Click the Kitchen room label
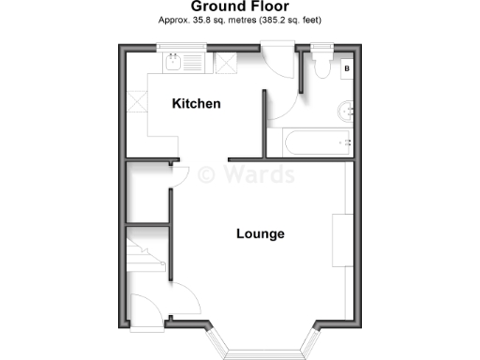pyautogui.click(x=196, y=103)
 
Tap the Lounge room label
pyautogui.click(x=260, y=233)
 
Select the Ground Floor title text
pyautogui.click(x=240, y=7)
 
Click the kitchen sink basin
pyautogui.click(x=173, y=64)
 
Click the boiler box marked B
pyautogui.click(x=347, y=67)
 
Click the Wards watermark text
pyautogui.click(x=247, y=174)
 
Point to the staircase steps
pyautogui.click(x=148, y=254)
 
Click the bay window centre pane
pyautogui.click(x=265, y=354)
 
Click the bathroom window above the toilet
pyautogui.click(x=322, y=46)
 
